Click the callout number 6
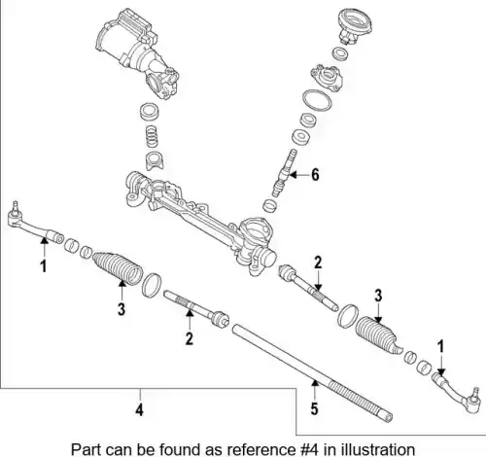coord(315,175)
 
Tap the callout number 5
coord(314,408)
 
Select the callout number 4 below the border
coord(139,410)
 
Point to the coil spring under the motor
coord(153,135)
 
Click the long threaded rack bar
coord(312,373)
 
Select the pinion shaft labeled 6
coord(283,173)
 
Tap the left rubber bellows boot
coord(118,268)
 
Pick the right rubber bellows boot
coord(377,334)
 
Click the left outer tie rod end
coord(34,224)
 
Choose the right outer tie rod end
coord(457,393)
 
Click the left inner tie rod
coord(196,308)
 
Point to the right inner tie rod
coord(308,288)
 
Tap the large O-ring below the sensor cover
coord(317,101)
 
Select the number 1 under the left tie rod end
coord(44,265)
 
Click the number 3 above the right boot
coord(378,296)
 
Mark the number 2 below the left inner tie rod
coord(189,338)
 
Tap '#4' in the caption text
coord(309,449)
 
